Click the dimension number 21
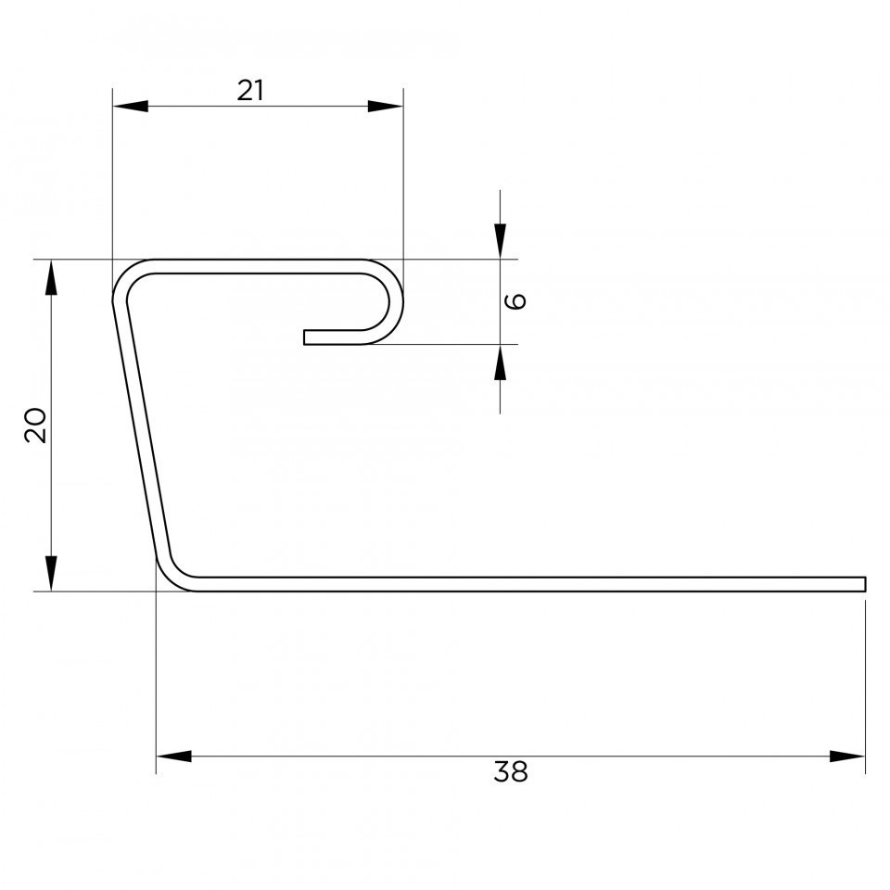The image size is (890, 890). tap(250, 90)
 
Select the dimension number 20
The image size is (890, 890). tap(36, 425)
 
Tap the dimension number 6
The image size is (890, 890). tap(515, 300)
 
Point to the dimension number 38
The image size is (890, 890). tap(511, 771)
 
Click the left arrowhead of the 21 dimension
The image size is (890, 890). tap(131, 106)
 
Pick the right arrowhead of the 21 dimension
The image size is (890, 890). tap(386, 106)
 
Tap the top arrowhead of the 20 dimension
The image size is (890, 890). tap(51, 277)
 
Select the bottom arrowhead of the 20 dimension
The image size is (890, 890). tap(51, 573)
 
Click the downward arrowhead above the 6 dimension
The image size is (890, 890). tap(500, 241)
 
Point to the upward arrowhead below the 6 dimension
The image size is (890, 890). tap(500, 362)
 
